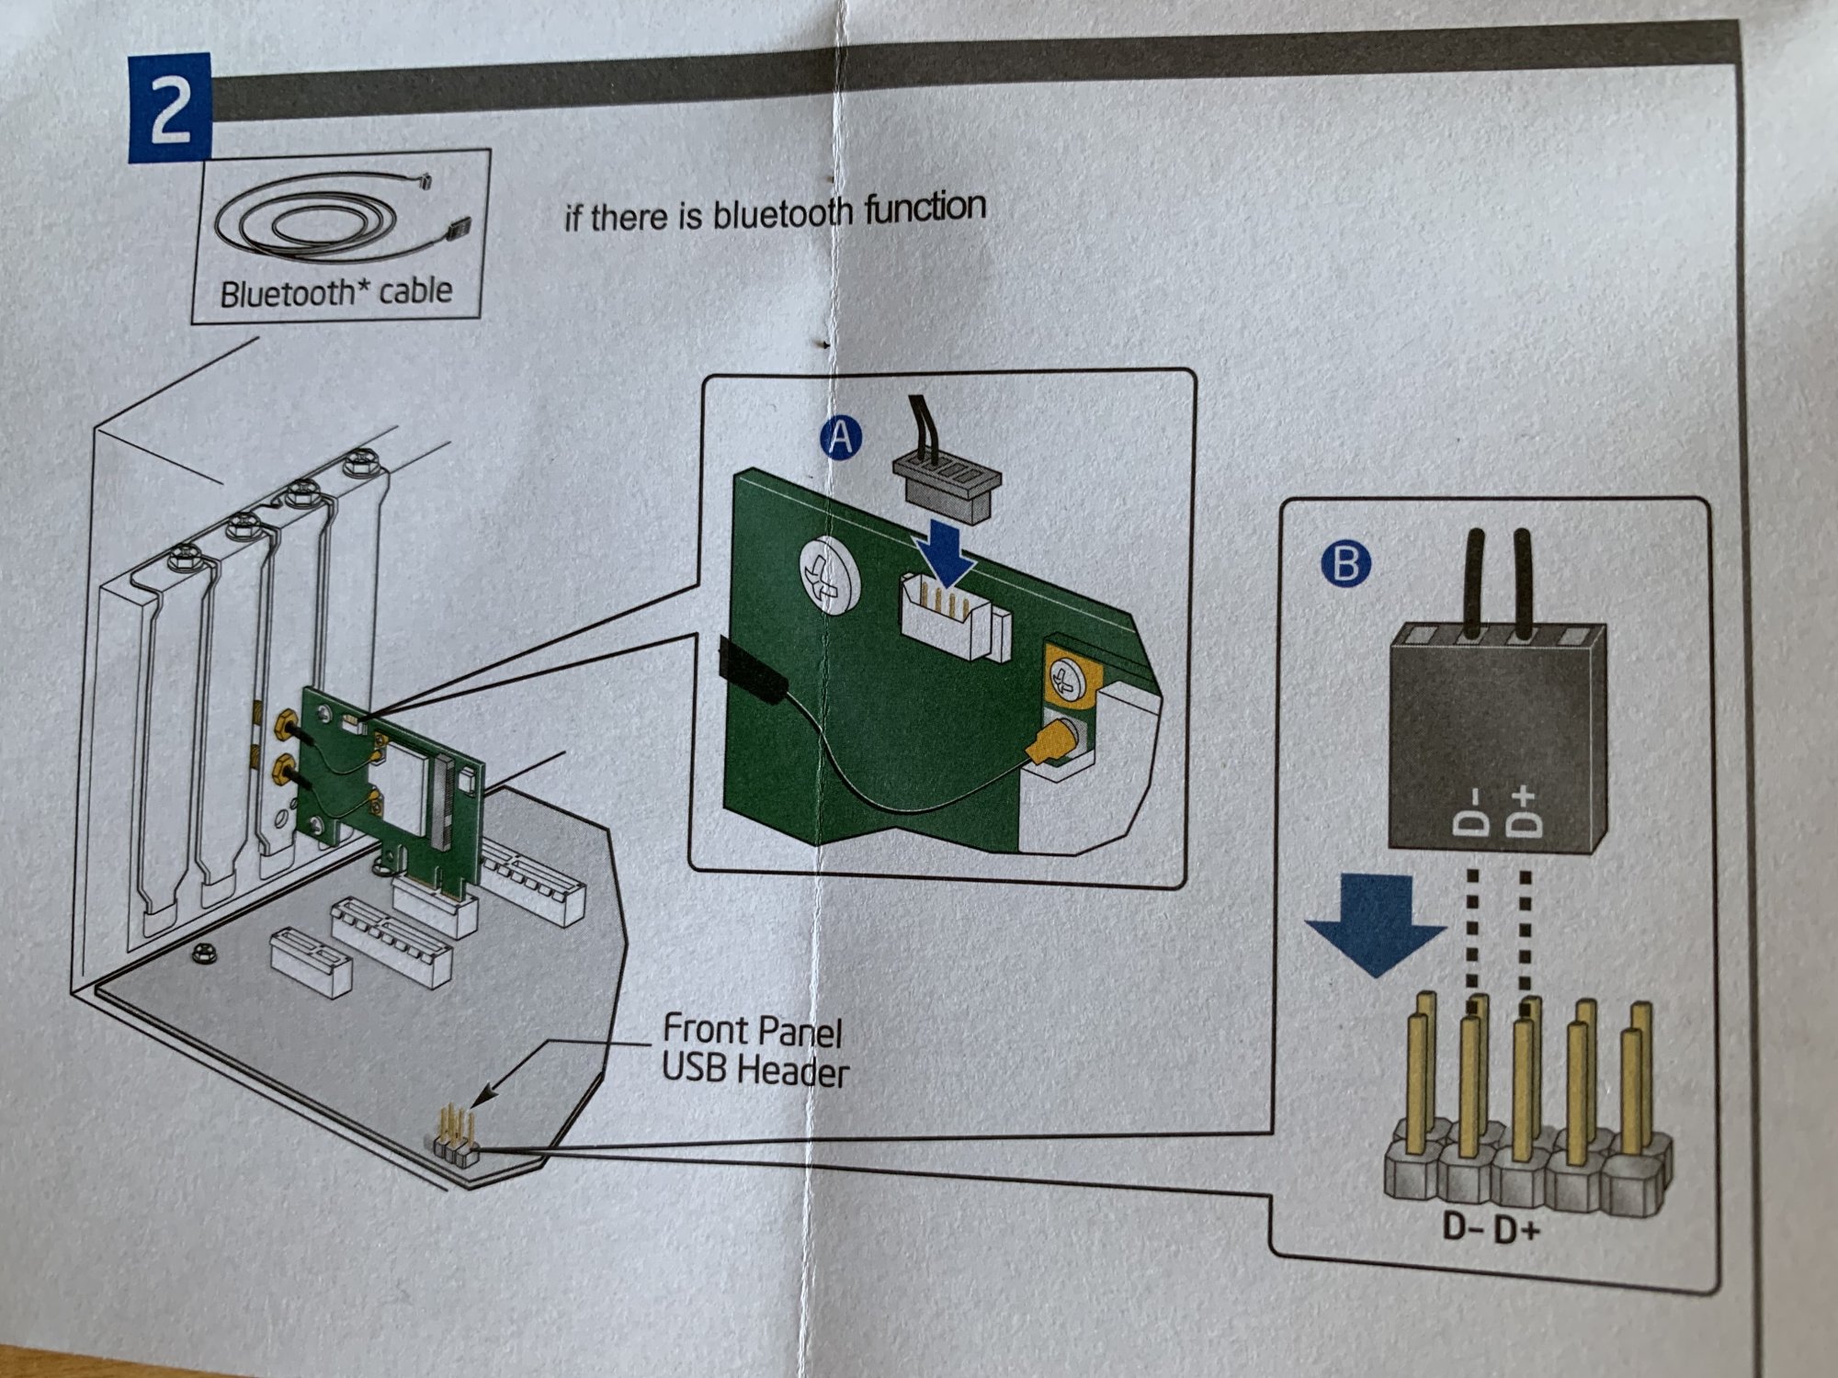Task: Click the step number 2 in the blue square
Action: (169, 108)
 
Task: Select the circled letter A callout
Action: (840, 437)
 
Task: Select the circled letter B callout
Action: (1344, 562)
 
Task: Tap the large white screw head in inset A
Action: (829, 575)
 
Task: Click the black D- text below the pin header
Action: (1463, 1227)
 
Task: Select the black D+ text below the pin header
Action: (1516, 1229)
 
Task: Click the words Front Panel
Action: (752, 1031)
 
